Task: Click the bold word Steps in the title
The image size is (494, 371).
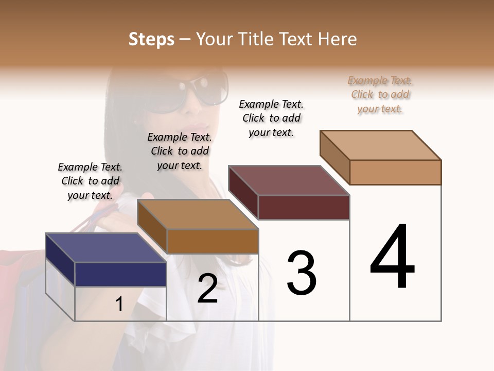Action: (x=151, y=39)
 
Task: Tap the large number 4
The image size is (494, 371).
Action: (x=392, y=258)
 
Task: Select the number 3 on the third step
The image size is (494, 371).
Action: (x=302, y=273)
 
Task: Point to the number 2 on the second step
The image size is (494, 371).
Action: (x=207, y=289)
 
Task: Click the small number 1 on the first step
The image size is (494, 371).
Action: (x=119, y=305)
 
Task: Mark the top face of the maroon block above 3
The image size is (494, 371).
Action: (x=289, y=180)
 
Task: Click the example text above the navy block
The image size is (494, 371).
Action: (x=90, y=181)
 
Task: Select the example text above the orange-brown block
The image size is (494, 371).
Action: (x=180, y=151)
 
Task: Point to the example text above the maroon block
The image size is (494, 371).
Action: (x=271, y=118)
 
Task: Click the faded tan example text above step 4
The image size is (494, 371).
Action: (x=380, y=94)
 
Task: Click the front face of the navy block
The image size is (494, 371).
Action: (x=120, y=274)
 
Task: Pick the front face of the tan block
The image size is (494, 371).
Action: (x=395, y=172)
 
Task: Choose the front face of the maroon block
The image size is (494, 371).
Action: (x=304, y=207)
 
